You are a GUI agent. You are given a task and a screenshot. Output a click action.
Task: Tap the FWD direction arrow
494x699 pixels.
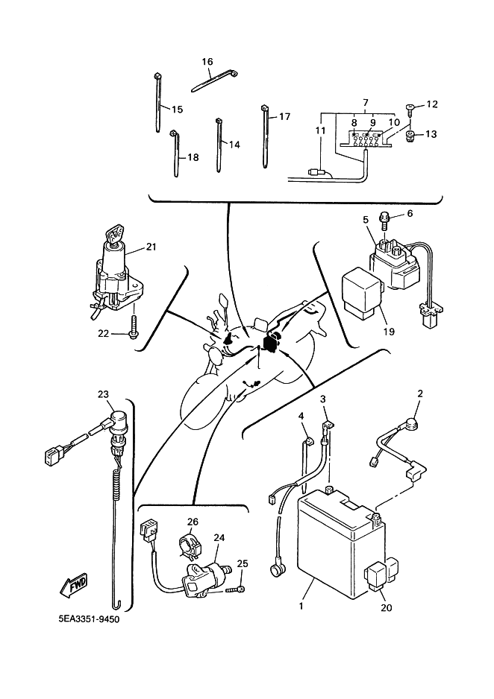tap(75, 584)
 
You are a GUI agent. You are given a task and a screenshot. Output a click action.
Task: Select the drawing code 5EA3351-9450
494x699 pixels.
tap(88, 619)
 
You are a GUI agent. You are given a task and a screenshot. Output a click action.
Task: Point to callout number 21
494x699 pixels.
tap(151, 246)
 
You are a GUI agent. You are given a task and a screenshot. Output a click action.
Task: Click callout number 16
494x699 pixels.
tap(207, 61)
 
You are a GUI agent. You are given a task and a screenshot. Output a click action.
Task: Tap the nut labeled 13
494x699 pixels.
tap(410, 136)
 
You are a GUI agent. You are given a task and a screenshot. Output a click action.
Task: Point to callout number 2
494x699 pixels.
tap(420, 393)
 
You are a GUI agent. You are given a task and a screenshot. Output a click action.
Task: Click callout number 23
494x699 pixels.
tap(103, 395)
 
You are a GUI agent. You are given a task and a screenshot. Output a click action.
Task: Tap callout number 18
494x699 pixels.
tap(193, 157)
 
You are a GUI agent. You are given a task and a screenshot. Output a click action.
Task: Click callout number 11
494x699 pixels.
tap(321, 130)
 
